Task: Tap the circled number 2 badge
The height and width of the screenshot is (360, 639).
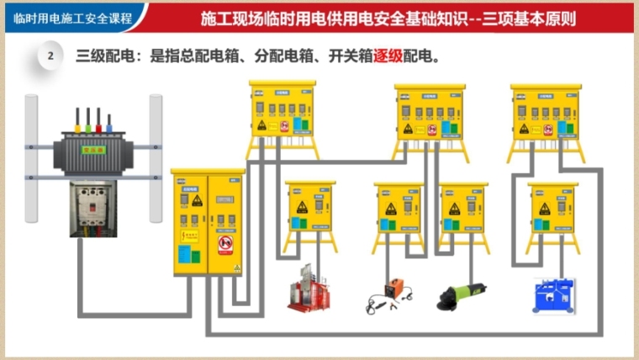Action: [51, 56]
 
